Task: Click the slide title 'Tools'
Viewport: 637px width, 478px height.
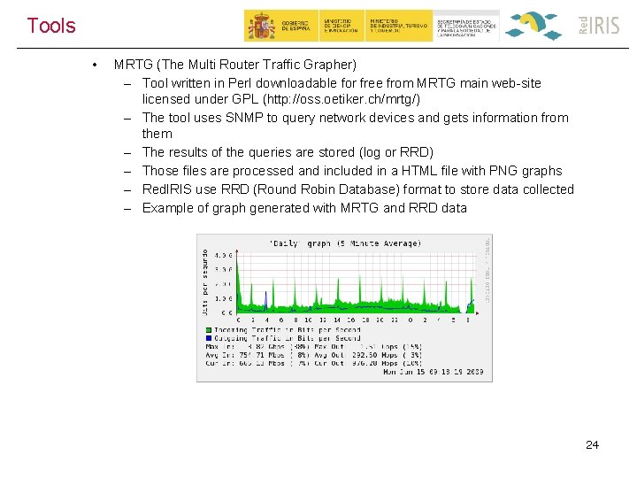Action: tap(51, 26)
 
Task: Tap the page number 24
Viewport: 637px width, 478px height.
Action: tap(592, 444)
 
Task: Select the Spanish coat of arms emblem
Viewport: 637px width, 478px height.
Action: tap(261, 26)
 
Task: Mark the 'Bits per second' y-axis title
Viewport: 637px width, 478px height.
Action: tap(205, 281)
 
